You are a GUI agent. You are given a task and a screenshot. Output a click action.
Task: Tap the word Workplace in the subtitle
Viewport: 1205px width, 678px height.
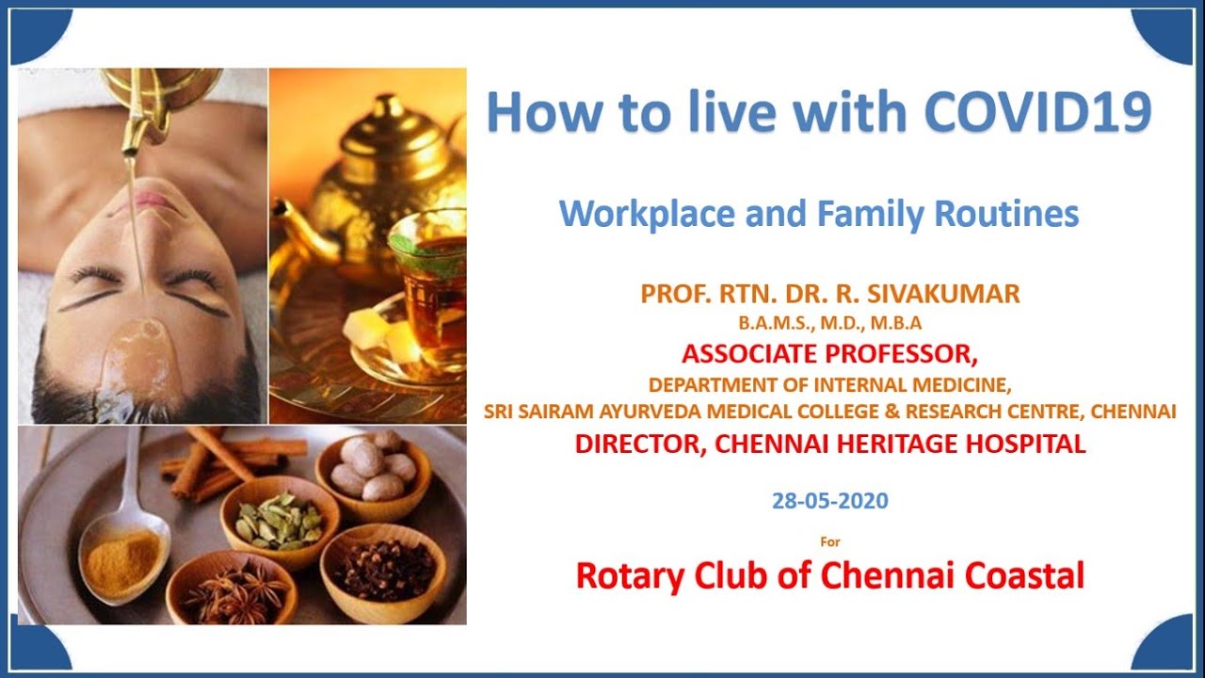tap(647, 214)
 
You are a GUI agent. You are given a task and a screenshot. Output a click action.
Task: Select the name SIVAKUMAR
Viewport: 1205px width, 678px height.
tap(943, 294)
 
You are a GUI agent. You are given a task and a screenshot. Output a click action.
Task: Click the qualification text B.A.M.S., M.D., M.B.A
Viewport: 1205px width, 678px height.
tap(830, 323)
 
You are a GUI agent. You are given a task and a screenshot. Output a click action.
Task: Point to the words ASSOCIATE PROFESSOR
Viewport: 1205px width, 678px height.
tap(830, 354)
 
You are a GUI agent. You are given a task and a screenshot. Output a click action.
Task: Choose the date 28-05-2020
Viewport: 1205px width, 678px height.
tap(830, 500)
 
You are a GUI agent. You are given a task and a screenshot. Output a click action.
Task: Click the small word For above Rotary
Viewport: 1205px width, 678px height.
tap(830, 541)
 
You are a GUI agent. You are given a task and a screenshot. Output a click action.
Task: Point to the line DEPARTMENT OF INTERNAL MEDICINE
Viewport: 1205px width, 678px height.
tap(830, 385)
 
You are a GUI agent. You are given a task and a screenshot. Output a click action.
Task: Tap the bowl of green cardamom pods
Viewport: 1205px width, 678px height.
tap(280, 522)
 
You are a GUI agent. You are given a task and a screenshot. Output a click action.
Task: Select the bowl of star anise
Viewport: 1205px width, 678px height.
tap(232, 589)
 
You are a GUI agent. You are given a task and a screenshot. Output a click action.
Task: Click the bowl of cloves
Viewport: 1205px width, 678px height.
tap(383, 572)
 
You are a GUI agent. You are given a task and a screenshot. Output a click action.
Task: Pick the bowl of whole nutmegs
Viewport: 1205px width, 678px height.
tap(374, 474)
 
